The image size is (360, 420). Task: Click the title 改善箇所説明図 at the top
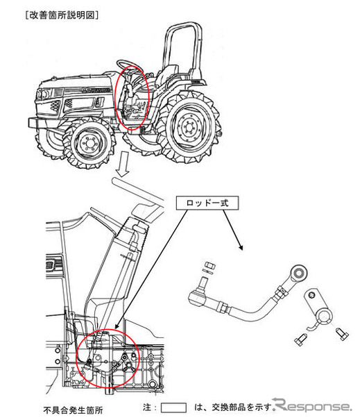[62, 15]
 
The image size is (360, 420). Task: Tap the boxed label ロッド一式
[207, 203]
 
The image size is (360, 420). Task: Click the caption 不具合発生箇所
[73, 410]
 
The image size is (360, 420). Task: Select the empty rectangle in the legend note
[173, 408]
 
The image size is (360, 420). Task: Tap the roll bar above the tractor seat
[182, 47]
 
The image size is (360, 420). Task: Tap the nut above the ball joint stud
[210, 265]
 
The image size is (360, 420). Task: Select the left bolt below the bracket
[300, 339]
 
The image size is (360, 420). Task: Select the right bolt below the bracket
[342, 334]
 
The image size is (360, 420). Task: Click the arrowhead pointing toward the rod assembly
[241, 247]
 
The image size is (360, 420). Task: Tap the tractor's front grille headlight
[44, 94]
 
